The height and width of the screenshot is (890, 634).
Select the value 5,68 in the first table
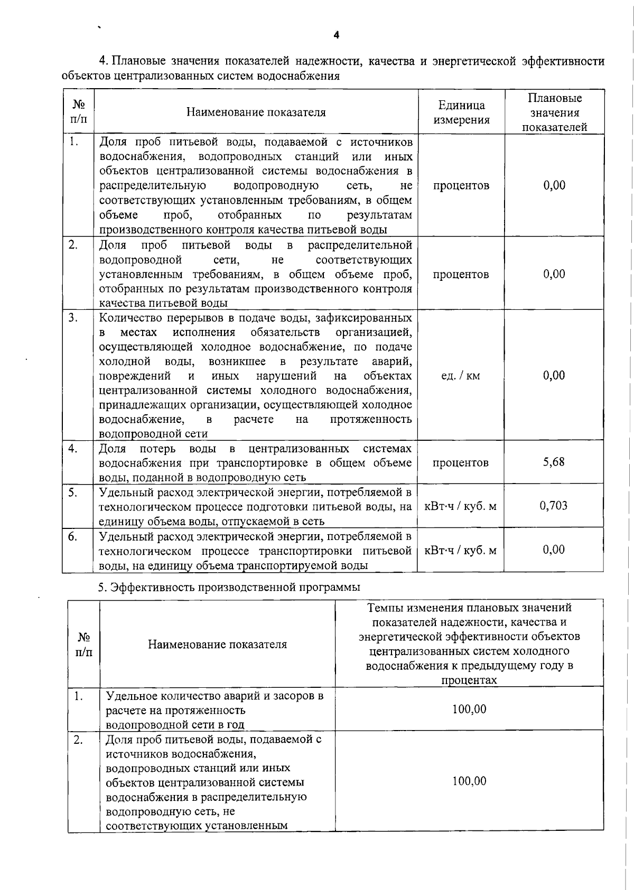(554, 462)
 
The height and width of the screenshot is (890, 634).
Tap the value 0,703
(553, 506)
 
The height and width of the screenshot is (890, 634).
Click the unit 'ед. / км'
(461, 376)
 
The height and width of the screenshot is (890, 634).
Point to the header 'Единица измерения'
(461, 112)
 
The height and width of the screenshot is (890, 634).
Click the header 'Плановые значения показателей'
(554, 112)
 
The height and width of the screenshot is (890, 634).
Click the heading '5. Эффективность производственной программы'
(229, 587)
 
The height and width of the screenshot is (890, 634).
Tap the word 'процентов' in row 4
(461, 463)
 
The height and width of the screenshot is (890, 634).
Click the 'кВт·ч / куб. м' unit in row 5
(461, 507)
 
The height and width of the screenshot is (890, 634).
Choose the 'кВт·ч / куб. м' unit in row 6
(461, 551)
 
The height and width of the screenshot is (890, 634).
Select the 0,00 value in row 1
(554, 185)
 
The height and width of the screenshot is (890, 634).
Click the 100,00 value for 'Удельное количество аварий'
(469, 709)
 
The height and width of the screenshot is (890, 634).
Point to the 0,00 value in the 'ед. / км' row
(554, 375)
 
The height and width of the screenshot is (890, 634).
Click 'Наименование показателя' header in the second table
(217, 644)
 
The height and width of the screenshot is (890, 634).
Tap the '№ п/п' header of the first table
(78, 112)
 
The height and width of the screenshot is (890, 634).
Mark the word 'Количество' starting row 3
(126, 318)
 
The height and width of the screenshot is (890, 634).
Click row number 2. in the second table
(78, 740)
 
